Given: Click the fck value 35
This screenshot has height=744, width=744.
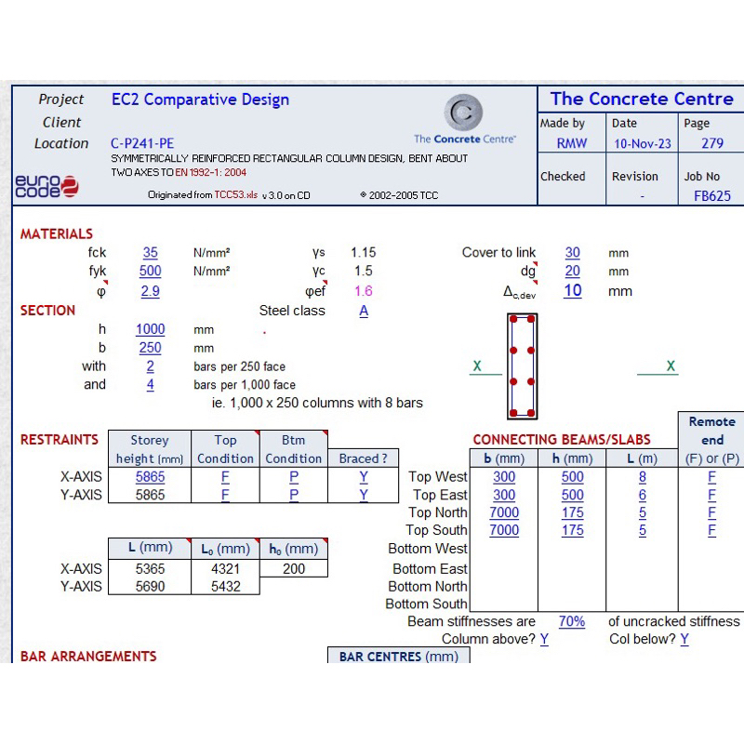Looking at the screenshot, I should pos(150,252).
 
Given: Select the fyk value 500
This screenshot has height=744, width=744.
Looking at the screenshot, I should pos(150,271).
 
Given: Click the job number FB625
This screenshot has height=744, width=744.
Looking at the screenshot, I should pos(712,196).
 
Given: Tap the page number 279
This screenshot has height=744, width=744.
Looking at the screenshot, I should pos(711,143).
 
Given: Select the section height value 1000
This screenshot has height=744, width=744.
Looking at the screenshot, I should pos(150,329).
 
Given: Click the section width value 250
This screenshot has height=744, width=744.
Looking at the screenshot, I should pos(150,348).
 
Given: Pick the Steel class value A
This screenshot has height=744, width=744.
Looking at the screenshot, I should pos(364,311).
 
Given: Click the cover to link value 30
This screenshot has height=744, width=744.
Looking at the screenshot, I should pos(572,252).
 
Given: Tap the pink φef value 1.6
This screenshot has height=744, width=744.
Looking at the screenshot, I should pos(363,291).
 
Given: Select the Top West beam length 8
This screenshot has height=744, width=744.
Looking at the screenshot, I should pos(642,476).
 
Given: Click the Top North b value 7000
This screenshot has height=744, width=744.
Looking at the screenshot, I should pos(504,512).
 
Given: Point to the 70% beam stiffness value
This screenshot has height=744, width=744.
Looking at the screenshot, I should pos(572,621).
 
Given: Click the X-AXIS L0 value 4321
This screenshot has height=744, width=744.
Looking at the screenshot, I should pos(225,568).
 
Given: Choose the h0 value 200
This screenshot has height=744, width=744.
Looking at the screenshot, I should pos(294,568).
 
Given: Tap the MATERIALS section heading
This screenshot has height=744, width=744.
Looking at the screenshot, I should pos(57,234).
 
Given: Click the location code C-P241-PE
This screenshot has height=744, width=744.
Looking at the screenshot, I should pos(141,143).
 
